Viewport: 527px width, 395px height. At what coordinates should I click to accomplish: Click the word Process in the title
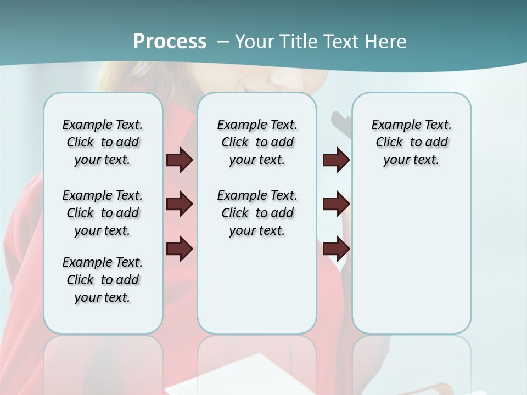pyautogui.click(x=170, y=42)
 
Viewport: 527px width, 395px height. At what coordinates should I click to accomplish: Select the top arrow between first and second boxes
pyautogui.click(x=180, y=160)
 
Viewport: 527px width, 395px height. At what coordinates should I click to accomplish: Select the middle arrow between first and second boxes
pyautogui.click(x=180, y=205)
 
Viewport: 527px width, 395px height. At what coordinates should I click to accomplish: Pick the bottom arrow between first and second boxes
pyautogui.click(x=180, y=249)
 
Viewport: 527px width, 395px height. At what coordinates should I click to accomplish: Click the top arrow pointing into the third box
pyautogui.click(x=336, y=160)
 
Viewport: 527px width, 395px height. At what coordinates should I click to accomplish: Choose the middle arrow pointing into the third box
pyautogui.click(x=336, y=205)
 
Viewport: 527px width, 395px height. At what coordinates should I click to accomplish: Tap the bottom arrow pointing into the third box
pyautogui.click(x=336, y=249)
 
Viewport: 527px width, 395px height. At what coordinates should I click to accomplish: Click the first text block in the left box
pyautogui.click(x=103, y=142)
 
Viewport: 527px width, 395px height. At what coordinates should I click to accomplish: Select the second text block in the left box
pyautogui.click(x=103, y=213)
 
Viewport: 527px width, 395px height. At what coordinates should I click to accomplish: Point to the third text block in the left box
pyautogui.click(x=103, y=280)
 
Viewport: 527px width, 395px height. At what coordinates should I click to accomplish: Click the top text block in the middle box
pyautogui.click(x=257, y=142)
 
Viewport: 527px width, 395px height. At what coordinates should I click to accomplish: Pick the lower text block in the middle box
pyautogui.click(x=257, y=213)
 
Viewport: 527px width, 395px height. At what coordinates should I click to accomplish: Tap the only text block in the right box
pyautogui.click(x=411, y=142)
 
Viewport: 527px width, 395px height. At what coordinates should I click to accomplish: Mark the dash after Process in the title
pyautogui.click(x=223, y=42)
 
